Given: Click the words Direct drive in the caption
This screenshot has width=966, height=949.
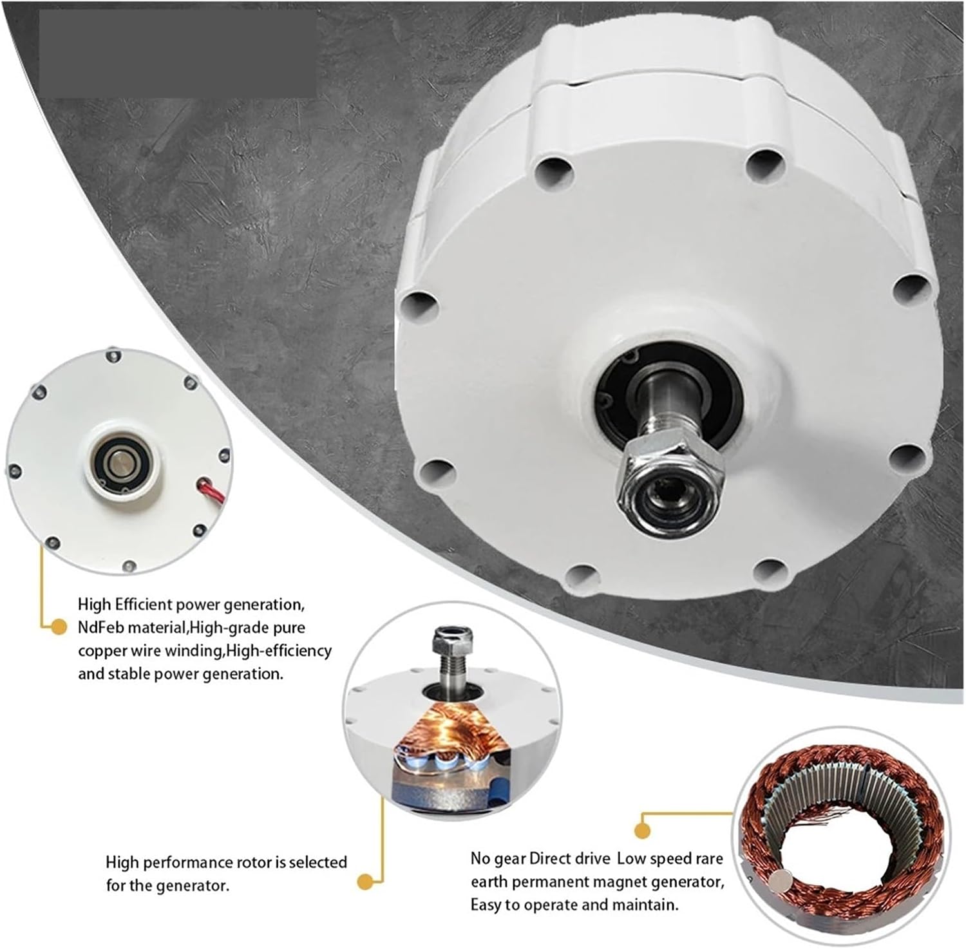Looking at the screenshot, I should point(570,859).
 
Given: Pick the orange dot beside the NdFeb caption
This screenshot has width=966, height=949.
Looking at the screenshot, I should point(59,626).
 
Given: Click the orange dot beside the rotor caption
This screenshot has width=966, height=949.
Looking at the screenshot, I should point(365,881).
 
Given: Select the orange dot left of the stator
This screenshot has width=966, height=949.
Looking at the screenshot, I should point(641,831).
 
